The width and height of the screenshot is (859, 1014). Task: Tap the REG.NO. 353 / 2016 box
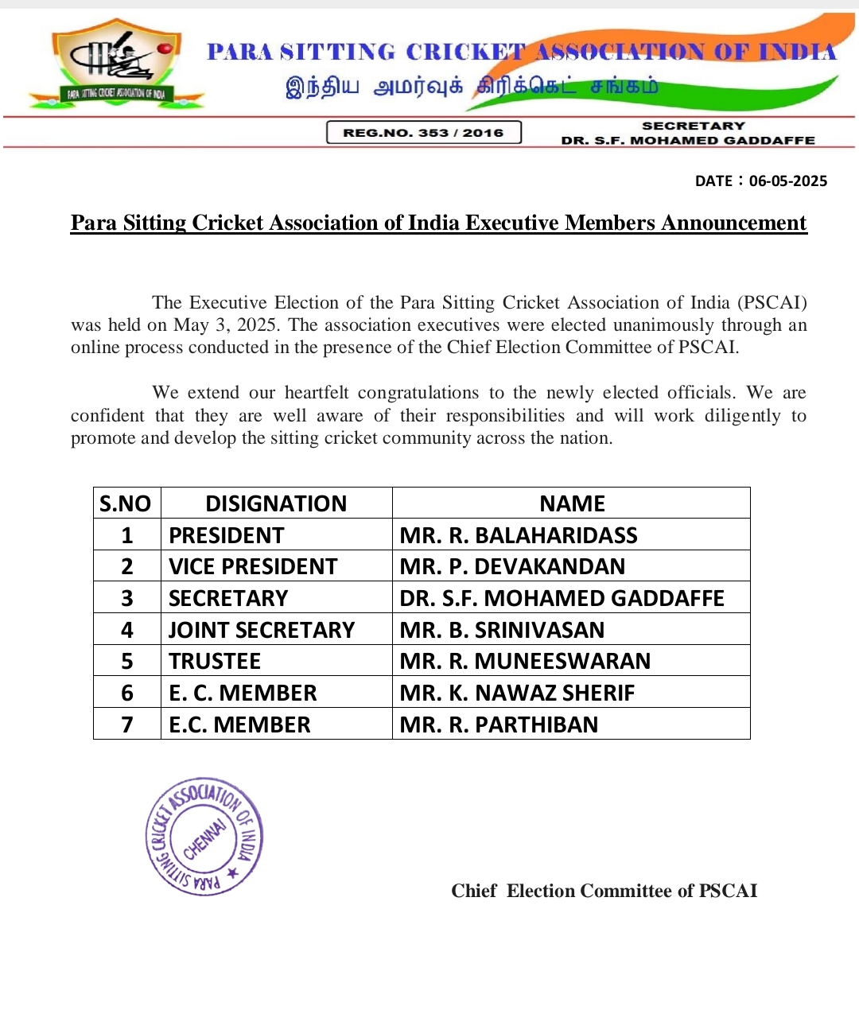[x=423, y=133]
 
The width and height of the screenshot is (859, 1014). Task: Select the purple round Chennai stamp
[x=204, y=836]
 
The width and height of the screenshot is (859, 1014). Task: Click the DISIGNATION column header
[x=276, y=503]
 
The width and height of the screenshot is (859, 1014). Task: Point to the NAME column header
[x=572, y=503]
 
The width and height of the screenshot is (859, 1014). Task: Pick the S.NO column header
[x=126, y=503]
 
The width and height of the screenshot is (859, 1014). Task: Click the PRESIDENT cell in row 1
[x=227, y=535]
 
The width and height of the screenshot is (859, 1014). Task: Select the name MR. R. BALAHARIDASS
[x=519, y=535]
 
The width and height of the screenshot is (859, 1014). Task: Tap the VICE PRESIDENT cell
[x=253, y=566]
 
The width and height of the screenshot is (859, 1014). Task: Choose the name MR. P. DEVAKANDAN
[x=512, y=566]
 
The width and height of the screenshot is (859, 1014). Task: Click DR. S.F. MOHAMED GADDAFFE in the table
[x=562, y=598]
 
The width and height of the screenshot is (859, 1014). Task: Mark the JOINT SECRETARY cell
[x=262, y=630]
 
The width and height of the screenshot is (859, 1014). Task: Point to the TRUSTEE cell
[x=215, y=661]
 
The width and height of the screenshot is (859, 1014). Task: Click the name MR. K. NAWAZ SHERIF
[x=517, y=693]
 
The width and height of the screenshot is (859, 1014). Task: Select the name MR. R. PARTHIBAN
[x=499, y=725]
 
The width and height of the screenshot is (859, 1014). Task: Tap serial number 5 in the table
[x=127, y=661]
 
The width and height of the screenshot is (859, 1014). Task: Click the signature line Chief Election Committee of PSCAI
[x=604, y=891]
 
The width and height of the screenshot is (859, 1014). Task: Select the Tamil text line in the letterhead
[x=472, y=87]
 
